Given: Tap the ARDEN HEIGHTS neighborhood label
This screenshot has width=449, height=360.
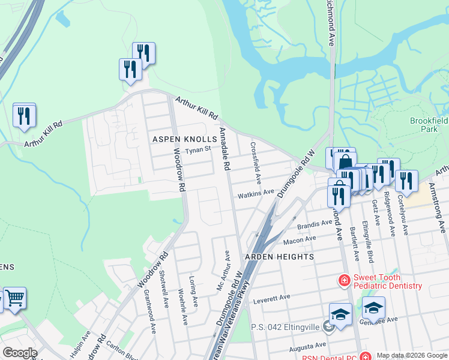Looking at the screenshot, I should [279, 257].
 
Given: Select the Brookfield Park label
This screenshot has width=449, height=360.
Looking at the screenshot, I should [429, 125].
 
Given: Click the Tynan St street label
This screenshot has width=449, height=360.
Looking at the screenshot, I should [198, 150].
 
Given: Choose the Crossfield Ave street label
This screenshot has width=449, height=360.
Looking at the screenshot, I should [256, 163].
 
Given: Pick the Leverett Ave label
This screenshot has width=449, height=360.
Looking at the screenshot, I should [271, 298].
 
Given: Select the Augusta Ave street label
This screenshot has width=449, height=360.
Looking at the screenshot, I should [306, 347].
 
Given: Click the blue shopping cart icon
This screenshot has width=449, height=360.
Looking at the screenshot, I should [14, 298].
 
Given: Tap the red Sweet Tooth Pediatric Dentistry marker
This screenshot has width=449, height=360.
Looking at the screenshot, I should [344, 280].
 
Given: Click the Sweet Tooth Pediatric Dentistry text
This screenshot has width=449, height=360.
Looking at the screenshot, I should [387, 281].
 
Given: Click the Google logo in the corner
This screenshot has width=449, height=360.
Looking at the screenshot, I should [19, 353].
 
